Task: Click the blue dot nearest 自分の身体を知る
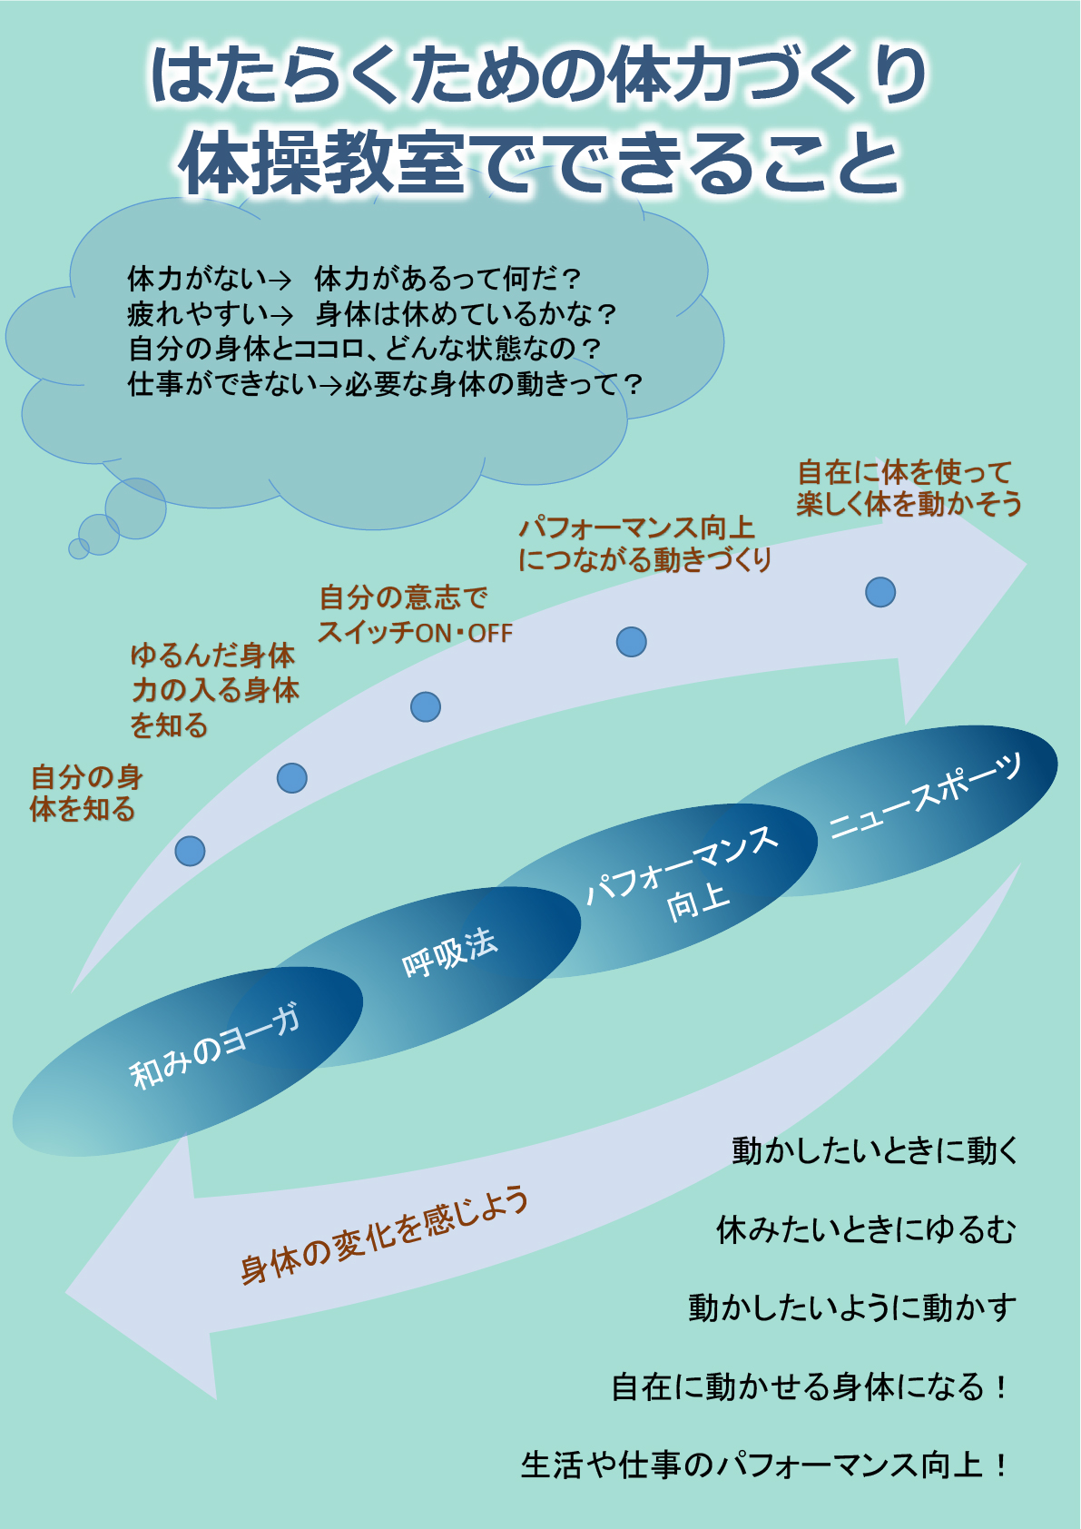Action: (190, 851)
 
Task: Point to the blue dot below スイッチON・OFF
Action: (426, 706)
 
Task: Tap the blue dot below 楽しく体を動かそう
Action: (880, 592)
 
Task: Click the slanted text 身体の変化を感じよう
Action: (384, 1235)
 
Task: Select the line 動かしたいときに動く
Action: (875, 1150)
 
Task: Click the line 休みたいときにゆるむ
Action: (866, 1229)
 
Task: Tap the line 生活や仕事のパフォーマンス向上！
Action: (764, 1465)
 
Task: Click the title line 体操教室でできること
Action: (540, 163)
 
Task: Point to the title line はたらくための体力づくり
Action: (539, 74)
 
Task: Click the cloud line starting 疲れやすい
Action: (372, 314)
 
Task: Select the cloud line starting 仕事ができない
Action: (385, 384)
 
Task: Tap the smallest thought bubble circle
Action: (79, 548)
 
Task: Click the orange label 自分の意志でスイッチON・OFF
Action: (415, 615)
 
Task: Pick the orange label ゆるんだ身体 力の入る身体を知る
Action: (214, 690)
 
